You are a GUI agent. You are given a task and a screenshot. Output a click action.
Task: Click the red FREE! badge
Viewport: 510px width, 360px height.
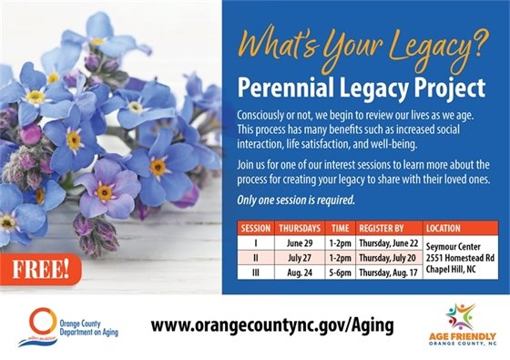click(x=40, y=269)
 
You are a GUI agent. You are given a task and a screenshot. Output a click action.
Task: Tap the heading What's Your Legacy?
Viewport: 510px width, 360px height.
click(x=362, y=46)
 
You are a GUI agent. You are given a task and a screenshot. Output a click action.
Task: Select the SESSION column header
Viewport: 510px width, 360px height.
click(x=255, y=228)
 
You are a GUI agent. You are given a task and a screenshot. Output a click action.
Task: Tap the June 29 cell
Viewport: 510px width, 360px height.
click(x=301, y=242)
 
